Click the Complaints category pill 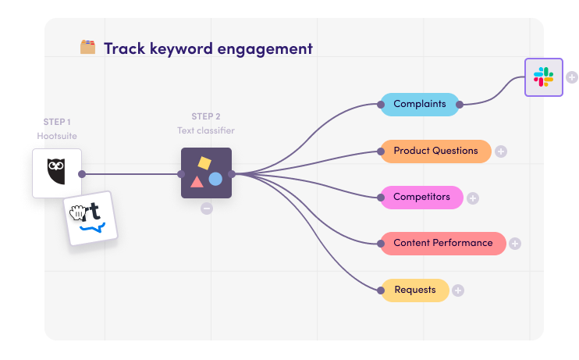tap(420, 104)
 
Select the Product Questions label tap(435, 151)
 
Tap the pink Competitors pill tap(421, 197)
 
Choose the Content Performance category tap(443, 243)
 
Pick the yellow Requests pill tap(415, 290)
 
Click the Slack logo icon tap(544, 77)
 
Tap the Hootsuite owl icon tap(56, 171)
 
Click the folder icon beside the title tap(88, 47)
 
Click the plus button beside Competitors tap(473, 198)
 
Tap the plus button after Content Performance tap(515, 244)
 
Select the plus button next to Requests tap(458, 290)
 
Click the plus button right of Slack tap(572, 77)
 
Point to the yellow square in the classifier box tap(204, 163)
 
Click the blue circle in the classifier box tap(215, 179)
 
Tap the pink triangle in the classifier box tap(197, 181)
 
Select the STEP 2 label tap(206, 116)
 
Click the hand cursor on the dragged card tap(77, 213)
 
